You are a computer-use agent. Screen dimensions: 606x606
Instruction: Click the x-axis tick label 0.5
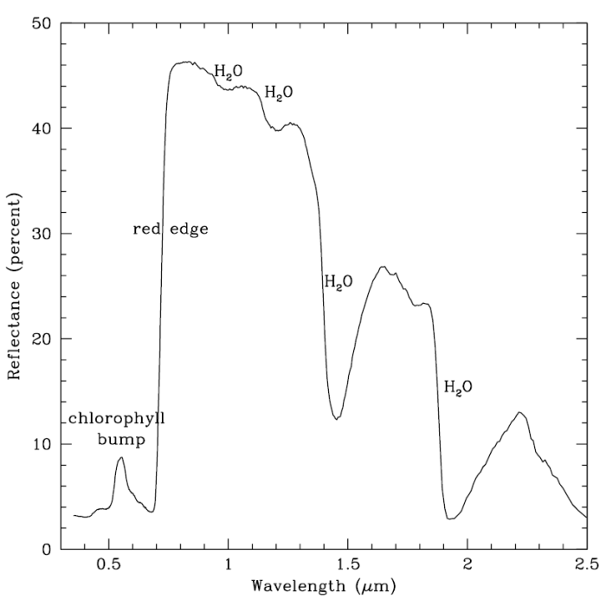(x=108, y=565)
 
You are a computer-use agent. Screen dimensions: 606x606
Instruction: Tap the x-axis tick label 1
(x=228, y=565)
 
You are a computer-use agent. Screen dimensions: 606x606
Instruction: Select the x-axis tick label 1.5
(x=348, y=565)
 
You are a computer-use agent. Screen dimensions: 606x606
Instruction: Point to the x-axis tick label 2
(x=467, y=565)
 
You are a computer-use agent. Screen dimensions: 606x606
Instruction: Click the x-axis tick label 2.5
(x=586, y=565)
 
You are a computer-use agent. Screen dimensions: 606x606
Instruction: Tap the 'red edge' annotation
(x=171, y=229)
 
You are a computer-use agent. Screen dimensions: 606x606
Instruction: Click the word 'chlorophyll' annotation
(x=118, y=419)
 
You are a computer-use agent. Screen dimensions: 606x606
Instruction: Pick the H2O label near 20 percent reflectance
(x=458, y=387)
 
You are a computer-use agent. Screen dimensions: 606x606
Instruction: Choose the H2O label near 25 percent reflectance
(x=338, y=281)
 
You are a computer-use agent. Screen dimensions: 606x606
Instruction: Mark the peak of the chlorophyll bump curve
(x=121, y=457)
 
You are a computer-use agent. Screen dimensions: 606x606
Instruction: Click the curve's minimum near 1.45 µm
(x=337, y=418)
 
